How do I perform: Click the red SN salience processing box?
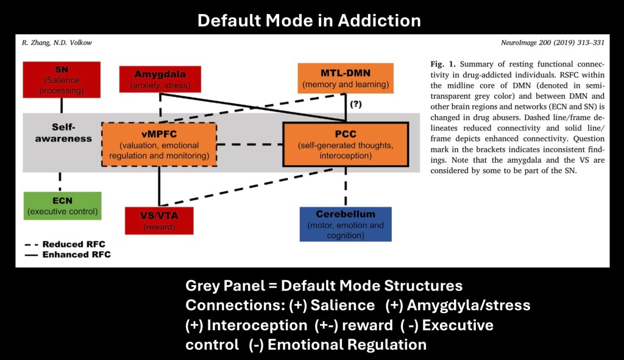(x=62, y=79)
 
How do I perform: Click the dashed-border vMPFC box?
(x=159, y=144)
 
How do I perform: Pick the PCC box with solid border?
(x=346, y=144)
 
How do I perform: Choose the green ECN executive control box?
(x=62, y=205)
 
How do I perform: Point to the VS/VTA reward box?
(x=160, y=220)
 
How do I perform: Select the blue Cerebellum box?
(x=346, y=224)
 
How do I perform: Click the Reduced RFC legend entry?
(x=67, y=244)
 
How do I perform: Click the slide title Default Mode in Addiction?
(x=309, y=20)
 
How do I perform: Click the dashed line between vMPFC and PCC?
(x=250, y=145)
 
